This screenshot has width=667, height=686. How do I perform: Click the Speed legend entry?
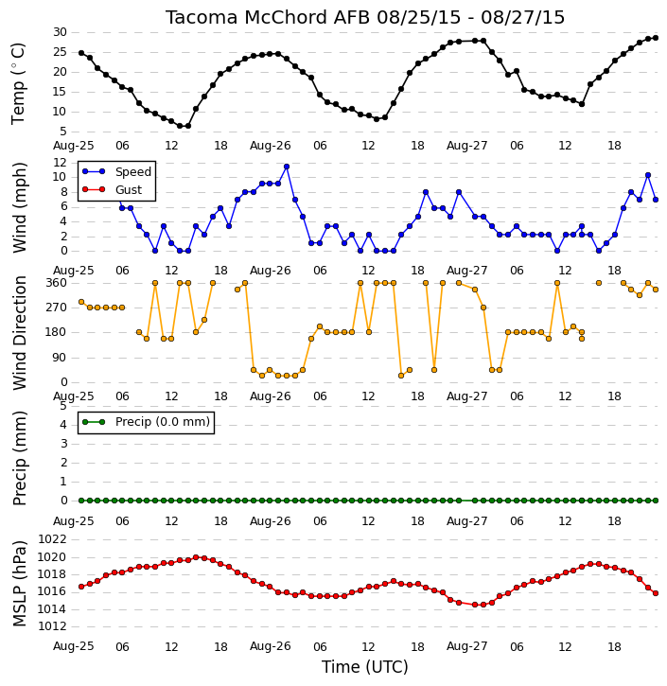tap(116, 171)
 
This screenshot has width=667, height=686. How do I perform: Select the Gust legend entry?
tap(112, 189)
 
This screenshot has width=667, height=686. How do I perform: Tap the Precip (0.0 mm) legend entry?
tap(146, 422)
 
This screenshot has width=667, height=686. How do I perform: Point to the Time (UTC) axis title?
tap(365, 667)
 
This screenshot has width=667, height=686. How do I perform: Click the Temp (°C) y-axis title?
tap(18, 83)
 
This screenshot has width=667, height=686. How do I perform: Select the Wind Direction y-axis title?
tap(20, 333)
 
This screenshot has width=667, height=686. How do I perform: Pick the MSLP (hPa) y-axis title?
tap(20, 584)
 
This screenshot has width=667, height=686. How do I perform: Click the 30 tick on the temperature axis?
tap(60, 32)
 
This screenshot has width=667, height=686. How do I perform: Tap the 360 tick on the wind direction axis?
tap(57, 283)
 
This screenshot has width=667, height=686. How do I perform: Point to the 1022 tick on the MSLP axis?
tap(53, 539)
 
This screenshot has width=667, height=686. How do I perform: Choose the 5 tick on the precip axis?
tap(63, 406)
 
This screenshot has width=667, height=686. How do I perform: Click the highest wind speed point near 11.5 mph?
tap(287, 167)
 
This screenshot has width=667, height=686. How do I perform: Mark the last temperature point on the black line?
tap(656, 38)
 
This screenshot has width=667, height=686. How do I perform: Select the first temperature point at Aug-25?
tap(81, 53)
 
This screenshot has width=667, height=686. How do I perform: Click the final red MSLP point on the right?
tap(656, 593)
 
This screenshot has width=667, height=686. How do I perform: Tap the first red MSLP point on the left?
tap(81, 587)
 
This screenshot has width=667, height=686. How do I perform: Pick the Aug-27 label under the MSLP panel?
tap(466, 646)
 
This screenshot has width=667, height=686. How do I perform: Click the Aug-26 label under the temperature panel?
tap(271, 146)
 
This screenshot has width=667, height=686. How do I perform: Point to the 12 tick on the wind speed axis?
tap(60, 163)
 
